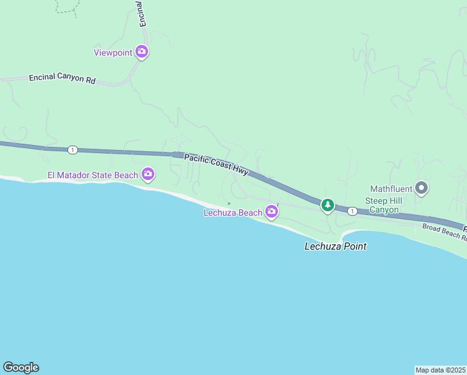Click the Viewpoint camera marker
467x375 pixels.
142,52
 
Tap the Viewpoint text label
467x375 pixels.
113,52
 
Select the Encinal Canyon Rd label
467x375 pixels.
62,79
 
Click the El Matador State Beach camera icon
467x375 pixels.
148,174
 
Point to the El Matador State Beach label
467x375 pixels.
93,175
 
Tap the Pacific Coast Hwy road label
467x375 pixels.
216,163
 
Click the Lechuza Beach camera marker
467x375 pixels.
272,212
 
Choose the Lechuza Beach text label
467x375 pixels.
233,213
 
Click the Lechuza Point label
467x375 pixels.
335,246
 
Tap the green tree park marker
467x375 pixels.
327,204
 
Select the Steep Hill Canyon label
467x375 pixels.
383,205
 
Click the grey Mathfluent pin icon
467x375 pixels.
421,187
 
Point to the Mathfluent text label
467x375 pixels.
391,188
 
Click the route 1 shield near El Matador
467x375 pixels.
73,150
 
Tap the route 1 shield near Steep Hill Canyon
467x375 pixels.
353,211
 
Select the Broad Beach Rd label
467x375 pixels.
444,231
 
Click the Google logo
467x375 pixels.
21,367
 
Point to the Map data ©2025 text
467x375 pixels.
440,370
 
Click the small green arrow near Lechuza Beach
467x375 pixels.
229,203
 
